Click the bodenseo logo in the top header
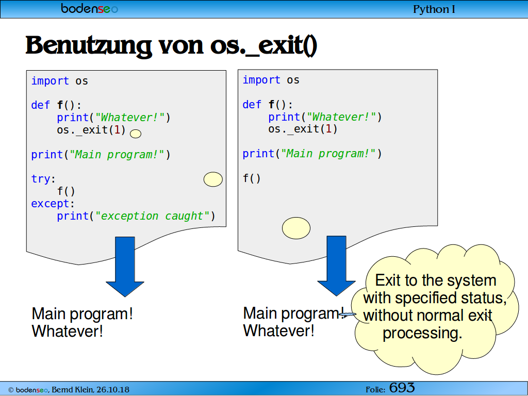coord(90,8)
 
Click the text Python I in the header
coord(434,9)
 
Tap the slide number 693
coord(402,388)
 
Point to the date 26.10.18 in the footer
coord(113,390)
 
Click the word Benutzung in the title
coord(89,45)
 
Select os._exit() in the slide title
coord(263,45)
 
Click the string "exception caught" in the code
coord(153,216)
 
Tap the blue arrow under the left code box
coord(125,267)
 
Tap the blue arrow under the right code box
coord(336,266)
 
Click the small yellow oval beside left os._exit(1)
coord(136,134)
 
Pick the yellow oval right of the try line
coord(213,179)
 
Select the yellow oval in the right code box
coord(296,228)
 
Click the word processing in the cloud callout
coord(422,334)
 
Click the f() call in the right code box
coord(252,178)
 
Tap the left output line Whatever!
coord(68,331)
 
